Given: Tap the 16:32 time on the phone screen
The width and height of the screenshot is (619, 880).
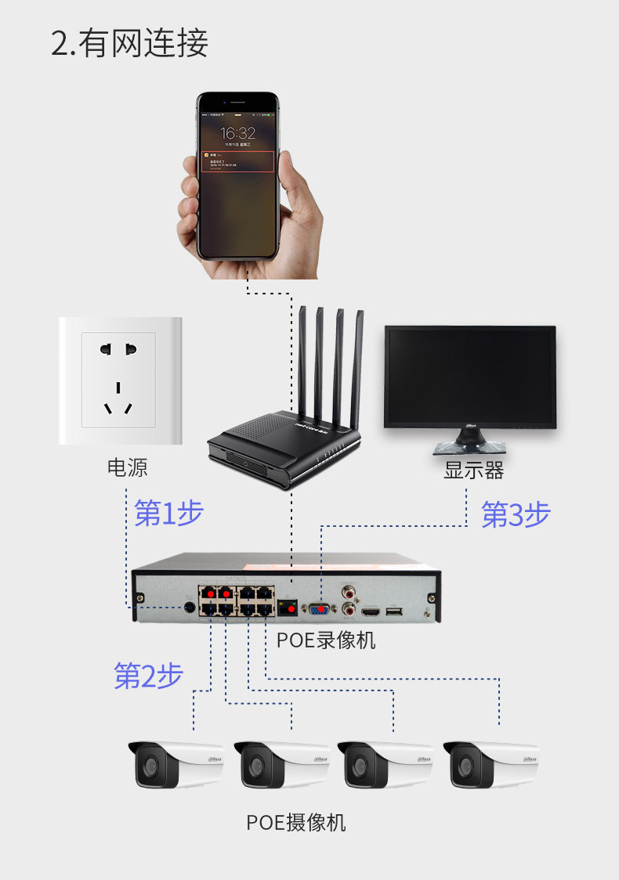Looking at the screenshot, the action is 237,133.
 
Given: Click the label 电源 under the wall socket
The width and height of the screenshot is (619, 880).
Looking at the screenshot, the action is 127,468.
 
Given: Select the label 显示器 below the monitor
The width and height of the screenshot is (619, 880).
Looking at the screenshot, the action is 473,471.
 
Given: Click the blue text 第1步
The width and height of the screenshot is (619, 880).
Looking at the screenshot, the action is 169,513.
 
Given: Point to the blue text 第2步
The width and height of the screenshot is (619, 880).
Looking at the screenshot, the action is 149,676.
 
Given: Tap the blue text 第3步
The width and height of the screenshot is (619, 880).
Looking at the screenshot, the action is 516,514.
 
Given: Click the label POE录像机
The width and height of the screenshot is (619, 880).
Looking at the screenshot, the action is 326,640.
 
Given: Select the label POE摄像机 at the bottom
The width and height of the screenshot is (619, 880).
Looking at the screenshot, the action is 295,823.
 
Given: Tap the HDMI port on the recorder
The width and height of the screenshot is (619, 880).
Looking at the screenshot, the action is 368,610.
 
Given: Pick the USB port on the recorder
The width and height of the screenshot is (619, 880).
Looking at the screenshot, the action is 393,610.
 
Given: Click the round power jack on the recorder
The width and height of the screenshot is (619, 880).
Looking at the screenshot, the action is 189,607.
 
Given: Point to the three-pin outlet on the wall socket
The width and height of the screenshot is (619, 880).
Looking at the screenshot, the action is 118,399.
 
